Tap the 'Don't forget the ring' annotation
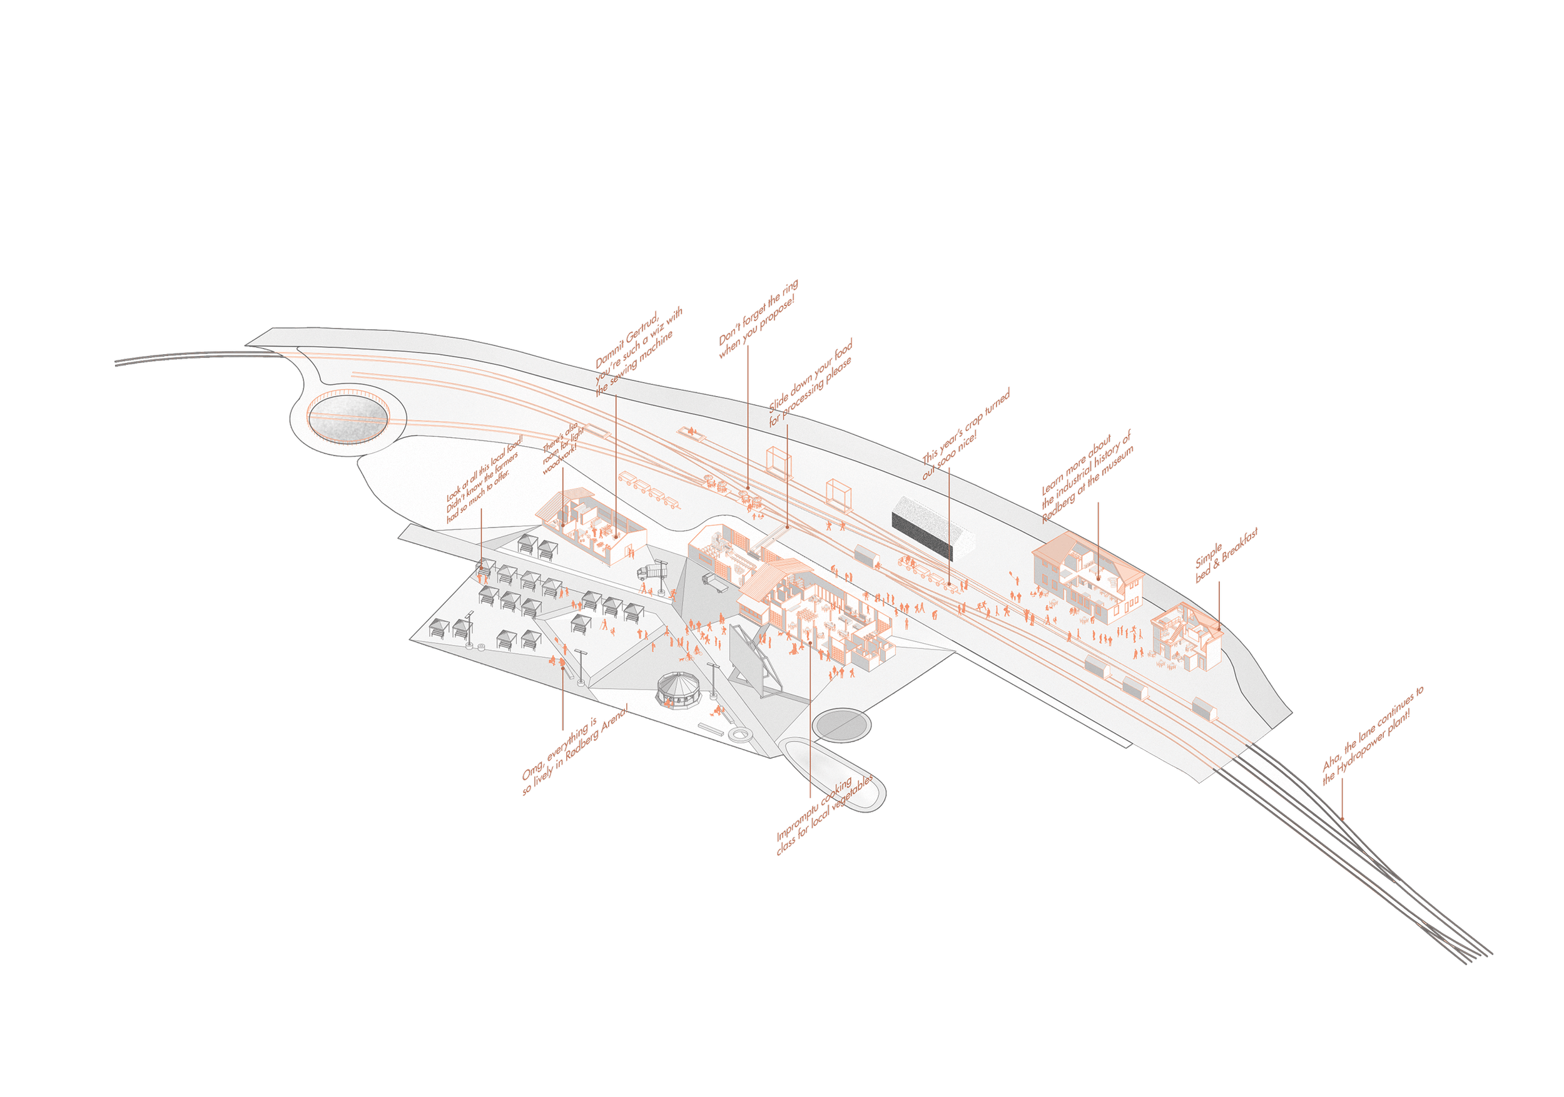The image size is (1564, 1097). (x=758, y=319)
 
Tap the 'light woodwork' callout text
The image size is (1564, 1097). (x=563, y=448)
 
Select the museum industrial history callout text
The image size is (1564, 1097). (x=1087, y=476)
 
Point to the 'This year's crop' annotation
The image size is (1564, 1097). (x=965, y=433)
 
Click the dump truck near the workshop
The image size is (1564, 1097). (x=653, y=570)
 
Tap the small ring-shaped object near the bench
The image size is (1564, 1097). (x=738, y=735)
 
